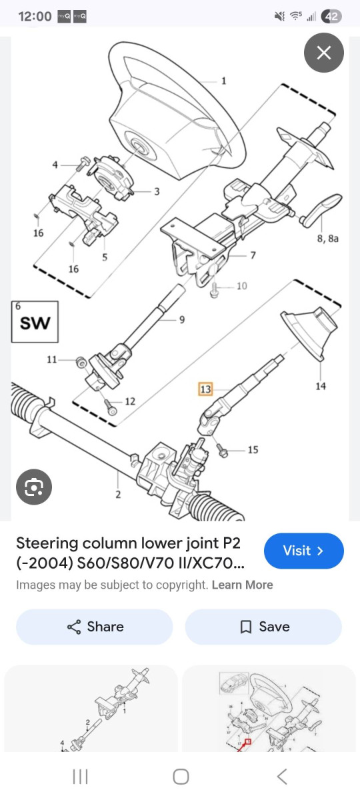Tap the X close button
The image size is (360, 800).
tap(324, 53)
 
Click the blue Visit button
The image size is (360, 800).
tap(304, 551)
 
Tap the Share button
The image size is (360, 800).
tap(95, 627)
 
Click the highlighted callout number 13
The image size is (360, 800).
tap(205, 389)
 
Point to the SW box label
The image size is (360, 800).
tap(35, 323)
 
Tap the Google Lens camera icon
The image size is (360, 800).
tap(34, 487)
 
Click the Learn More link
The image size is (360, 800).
tap(242, 585)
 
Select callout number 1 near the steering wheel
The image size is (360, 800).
tap(223, 81)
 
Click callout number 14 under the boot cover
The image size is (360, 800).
tap(321, 386)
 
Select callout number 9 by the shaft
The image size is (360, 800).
tap(181, 319)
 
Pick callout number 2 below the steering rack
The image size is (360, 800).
tap(117, 494)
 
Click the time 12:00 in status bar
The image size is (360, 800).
tap(35, 16)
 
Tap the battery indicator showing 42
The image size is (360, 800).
tap(331, 17)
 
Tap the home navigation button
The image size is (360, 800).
tap(180, 776)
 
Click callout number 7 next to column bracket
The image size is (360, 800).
tap(253, 255)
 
